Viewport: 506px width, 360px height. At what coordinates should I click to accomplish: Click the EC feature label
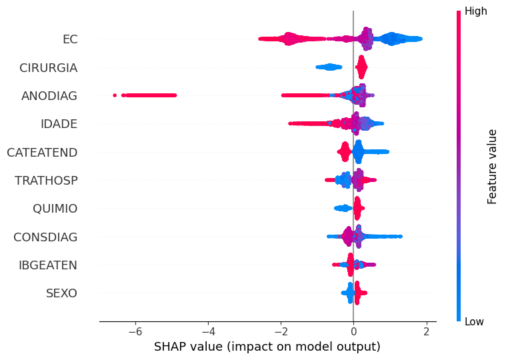[70, 39]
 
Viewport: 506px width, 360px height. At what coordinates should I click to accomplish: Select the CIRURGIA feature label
[49, 68]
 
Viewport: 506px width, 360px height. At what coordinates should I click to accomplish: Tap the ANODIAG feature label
[49, 96]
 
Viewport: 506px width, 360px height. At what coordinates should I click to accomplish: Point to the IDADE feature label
[59, 124]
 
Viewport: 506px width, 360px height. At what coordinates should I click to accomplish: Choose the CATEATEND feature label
[42, 153]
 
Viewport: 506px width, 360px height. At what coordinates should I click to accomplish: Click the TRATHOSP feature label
[46, 181]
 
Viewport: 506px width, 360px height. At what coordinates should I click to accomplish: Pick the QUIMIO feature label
[55, 209]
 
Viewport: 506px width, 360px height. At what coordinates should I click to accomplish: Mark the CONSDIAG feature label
[45, 237]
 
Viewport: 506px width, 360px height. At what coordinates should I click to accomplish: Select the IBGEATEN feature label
[48, 265]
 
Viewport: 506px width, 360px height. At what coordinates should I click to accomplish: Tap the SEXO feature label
[61, 293]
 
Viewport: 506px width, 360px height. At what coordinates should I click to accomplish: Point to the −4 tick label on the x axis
[208, 331]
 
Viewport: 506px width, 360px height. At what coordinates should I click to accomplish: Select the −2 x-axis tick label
[281, 331]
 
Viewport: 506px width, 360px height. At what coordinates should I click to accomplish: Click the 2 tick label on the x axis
[427, 331]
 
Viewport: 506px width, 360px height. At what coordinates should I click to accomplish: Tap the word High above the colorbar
[475, 11]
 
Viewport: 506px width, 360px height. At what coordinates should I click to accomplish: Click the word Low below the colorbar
[474, 321]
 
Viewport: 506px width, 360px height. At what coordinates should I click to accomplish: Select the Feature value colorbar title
[491, 167]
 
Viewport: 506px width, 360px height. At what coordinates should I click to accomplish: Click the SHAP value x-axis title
[267, 347]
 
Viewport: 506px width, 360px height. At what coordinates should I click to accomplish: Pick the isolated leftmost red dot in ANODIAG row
[115, 95]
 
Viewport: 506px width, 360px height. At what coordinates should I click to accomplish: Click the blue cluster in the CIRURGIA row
[329, 67]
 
